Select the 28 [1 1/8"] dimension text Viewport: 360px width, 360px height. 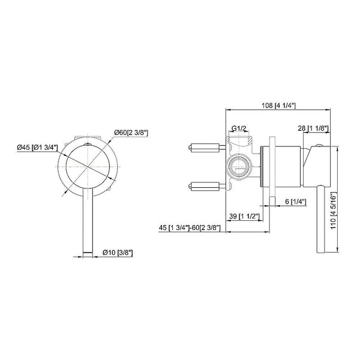coord(313,128)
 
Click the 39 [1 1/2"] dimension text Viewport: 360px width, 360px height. coord(244,215)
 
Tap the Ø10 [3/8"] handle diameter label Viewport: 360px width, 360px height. coord(118,253)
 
